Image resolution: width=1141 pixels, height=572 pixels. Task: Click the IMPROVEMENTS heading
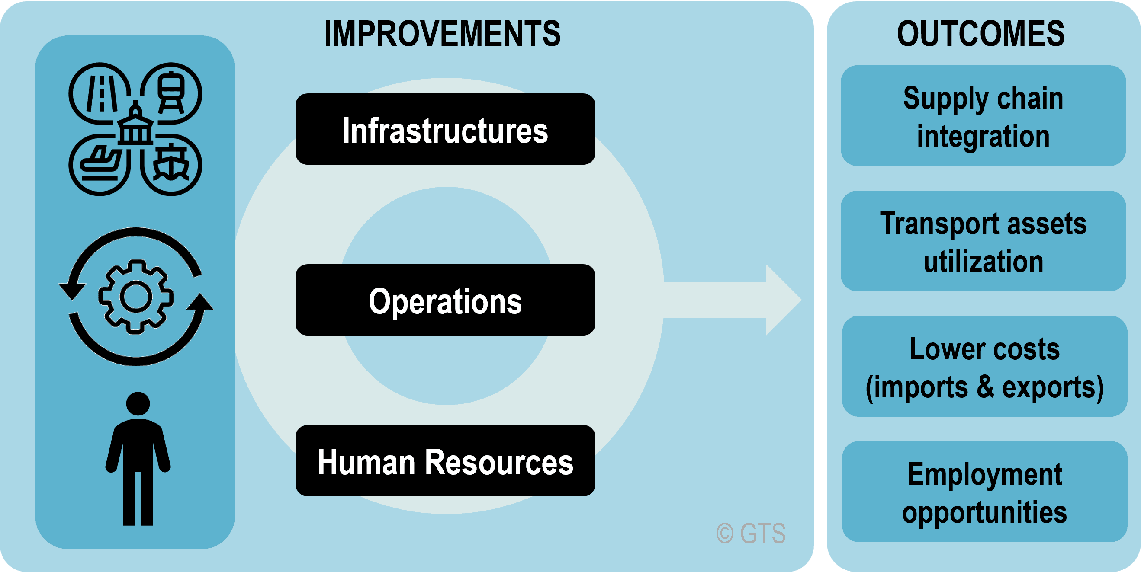click(x=443, y=34)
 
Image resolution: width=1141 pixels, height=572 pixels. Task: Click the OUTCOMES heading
click(x=980, y=34)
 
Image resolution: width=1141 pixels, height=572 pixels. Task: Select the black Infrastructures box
click(x=445, y=129)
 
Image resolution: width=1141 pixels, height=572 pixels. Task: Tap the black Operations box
click(x=445, y=300)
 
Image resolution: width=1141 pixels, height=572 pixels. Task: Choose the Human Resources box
click(x=445, y=460)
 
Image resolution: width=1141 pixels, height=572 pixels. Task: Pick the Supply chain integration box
click(x=984, y=115)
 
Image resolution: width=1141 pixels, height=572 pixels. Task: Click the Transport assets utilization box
click(x=984, y=241)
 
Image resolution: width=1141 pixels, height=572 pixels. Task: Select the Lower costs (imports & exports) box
click(x=984, y=366)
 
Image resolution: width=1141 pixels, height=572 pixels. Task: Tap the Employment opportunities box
click(x=984, y=492)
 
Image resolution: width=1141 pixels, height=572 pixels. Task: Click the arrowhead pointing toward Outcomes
click(x=783, y=300)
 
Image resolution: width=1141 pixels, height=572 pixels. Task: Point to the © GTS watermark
click(x=751, y=534)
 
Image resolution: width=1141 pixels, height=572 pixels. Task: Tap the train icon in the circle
click(x=170, y=93)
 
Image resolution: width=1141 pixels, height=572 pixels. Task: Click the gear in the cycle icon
click(x=136, y=296)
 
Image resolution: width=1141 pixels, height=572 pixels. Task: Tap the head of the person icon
click(x=138, y=404)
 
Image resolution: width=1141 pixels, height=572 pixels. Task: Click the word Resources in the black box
click(x=499, y=462)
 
